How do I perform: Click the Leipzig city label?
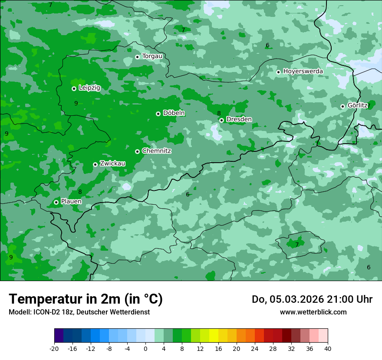coord(89,88)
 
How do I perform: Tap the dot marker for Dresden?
coord(221,120)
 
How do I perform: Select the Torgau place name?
coord(152,56)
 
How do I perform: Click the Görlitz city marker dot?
coord(342,106)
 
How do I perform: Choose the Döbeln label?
coord(174,113)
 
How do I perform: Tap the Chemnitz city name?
coord(156,151)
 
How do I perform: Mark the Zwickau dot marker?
coord(95,164)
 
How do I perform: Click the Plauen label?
coord(71,202)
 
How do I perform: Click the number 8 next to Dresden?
coord(219,113)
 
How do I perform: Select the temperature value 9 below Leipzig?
coord(76,103)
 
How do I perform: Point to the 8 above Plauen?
coord(80,192)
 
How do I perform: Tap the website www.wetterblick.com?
coord(313,312)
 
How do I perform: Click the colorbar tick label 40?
coord(328,348)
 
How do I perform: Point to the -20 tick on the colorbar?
coord(54,348)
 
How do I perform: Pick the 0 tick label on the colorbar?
coord(145,348)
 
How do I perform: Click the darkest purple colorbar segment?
coord(59,336)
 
